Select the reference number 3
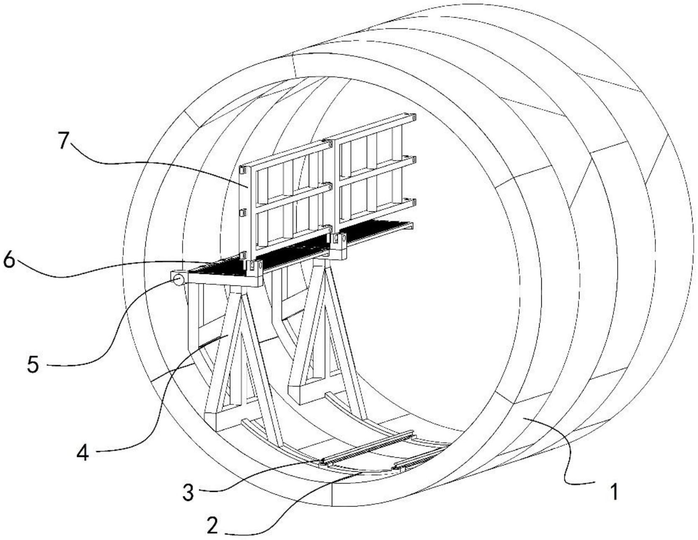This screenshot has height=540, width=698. [188, 493]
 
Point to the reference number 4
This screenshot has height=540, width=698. [83, 453]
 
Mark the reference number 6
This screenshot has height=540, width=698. [9, 260]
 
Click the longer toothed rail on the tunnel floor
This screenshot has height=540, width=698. [367, 448]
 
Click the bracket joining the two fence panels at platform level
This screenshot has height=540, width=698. [337, 245]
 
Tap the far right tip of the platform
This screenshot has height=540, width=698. [412, 226]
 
